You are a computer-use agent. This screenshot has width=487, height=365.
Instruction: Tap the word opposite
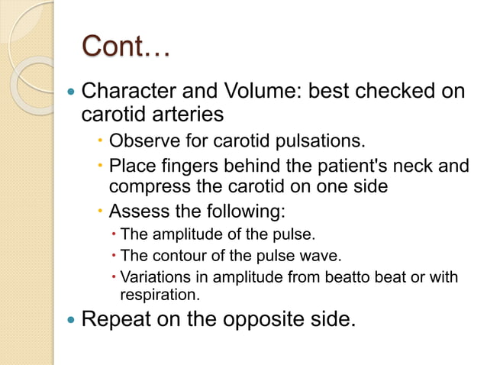[253, 318]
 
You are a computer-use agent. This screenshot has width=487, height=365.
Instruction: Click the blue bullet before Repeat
[71, 318]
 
